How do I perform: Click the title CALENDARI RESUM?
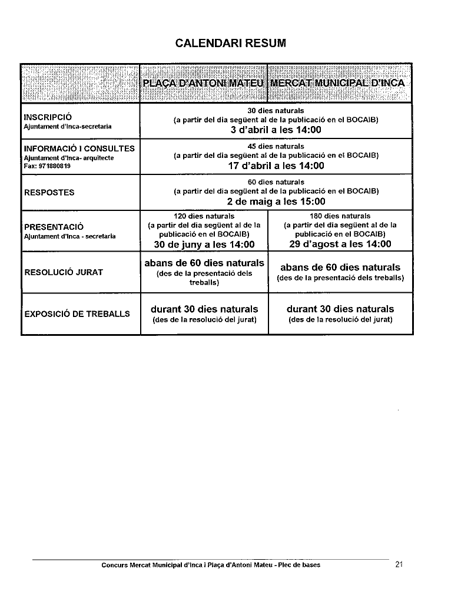pyautogui.click(x=231, y=43)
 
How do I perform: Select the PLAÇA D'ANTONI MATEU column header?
pyautogui.click(x=203, y=83)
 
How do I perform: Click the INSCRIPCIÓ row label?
pyautogui.click(x=48, y=117)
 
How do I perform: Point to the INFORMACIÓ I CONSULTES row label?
pyautogui.click(x=79, y=148)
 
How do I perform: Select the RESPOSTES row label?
pyautogui.click(x=49, y=192)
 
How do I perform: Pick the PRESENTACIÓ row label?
pyautogui.click(x=54, y=227)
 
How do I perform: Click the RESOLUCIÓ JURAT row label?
pyautogui.click(x=64, y=272)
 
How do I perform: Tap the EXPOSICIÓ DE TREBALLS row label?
pyautogui.click(x=77, y=314)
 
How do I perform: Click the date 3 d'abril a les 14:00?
pyautogui.click(x=276, y=130)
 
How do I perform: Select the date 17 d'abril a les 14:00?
pyautogui.click(x=276, y=166)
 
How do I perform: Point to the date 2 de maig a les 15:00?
pyautogui.click(x=276, y=202)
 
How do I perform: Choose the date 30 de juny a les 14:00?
pyautogui.click(x=204, y=245)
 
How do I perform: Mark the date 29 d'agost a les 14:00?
pyautogui.click(x=340, y=245)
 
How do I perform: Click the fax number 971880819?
pyautogui.click(x=53, y=166)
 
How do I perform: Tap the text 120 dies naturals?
pyautogui.click(x=204, y=216)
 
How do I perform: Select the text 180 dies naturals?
pyautogui.click(x=340, y=216)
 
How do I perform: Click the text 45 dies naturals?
pyautogui.click(x=276, y=146)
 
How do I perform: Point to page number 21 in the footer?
pyautogui.click(x=399, y=564)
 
